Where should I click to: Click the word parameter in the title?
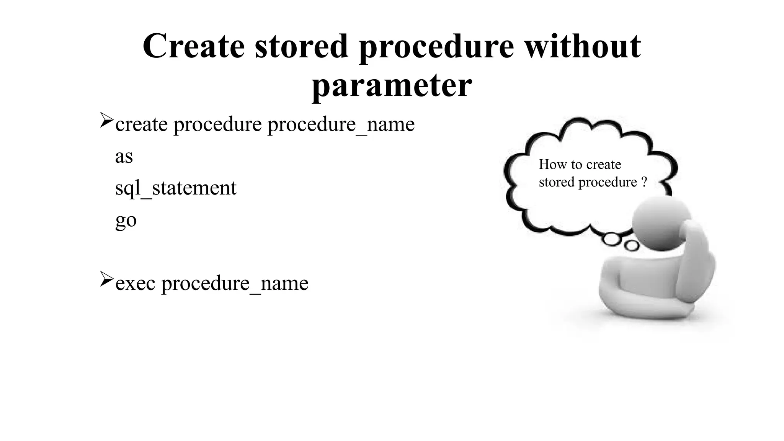392,85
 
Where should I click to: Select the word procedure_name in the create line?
341,124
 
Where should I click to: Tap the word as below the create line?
124,157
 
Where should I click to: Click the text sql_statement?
176,188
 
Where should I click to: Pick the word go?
126,220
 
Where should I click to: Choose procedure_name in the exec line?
235,284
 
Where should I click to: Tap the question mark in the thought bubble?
644,182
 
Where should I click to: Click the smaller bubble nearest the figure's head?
632,245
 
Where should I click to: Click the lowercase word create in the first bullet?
141,124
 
